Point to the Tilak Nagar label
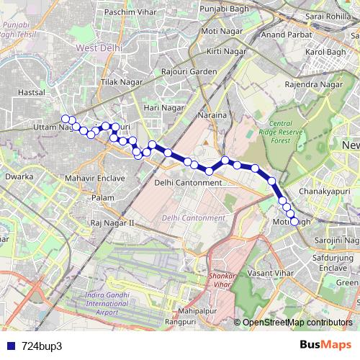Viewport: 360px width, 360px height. [x=120, y=83]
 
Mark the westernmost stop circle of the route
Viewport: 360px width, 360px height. [x=65, y=119]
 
